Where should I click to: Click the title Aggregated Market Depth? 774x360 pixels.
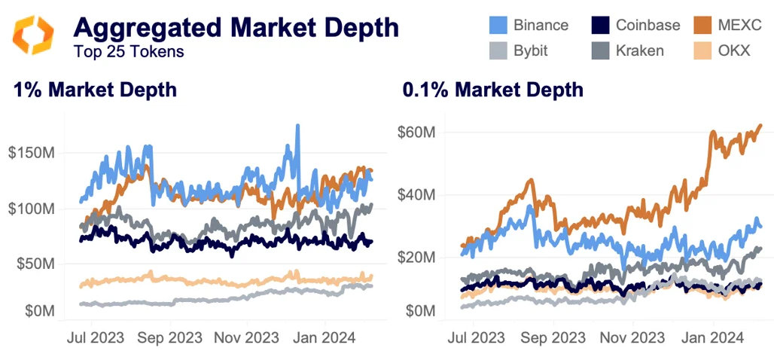tap(236, 28)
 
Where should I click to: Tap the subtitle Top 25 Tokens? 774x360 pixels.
tap(129, 52)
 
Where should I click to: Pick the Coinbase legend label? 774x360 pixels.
tap(648, 25)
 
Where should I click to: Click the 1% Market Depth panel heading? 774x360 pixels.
tap(95, 90)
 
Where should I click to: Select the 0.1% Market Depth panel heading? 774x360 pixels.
tap(492, 90)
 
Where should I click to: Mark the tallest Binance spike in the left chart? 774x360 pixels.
tap(297, 126)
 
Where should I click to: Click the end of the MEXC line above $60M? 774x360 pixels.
tap(760, 126)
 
